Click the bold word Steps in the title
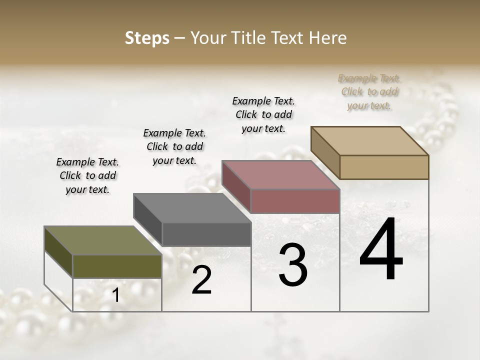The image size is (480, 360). [147, 38]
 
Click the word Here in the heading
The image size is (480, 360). [328, 38]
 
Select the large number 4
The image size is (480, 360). [381, 250]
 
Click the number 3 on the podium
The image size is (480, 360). [293, 265]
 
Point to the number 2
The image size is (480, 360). [201, 280]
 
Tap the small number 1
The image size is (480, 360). [115, 295]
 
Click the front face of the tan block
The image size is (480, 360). [384, 167]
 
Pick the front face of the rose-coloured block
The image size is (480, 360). [295, 201]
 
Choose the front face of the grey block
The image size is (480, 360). [206, 234]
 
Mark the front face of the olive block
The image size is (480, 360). [117, 266]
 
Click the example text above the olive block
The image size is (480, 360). [87, 175]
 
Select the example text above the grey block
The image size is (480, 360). [174, 146]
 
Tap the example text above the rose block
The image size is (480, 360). [263, 114]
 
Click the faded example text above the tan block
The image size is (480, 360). [369, 91]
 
